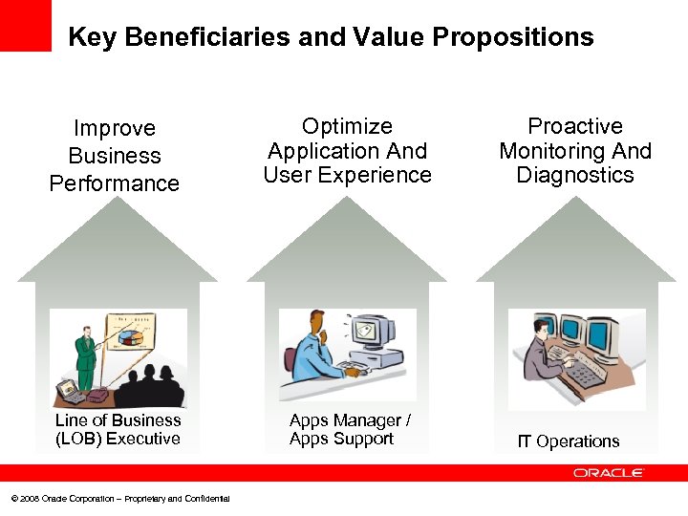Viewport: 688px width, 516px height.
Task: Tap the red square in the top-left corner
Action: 25,25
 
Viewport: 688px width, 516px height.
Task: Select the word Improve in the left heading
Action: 115,128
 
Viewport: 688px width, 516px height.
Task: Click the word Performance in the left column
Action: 115,183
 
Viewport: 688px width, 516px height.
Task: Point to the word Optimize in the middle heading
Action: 348,126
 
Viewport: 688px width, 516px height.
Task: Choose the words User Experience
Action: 348,175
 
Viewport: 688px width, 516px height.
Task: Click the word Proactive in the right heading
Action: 575,126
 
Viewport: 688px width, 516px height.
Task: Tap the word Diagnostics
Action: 575,175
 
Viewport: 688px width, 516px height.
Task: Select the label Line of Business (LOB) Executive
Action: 118,430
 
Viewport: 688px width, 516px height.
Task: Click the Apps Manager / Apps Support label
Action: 349,430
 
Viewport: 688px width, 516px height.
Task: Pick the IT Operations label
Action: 569,441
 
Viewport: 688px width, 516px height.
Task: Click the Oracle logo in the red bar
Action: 609,473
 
